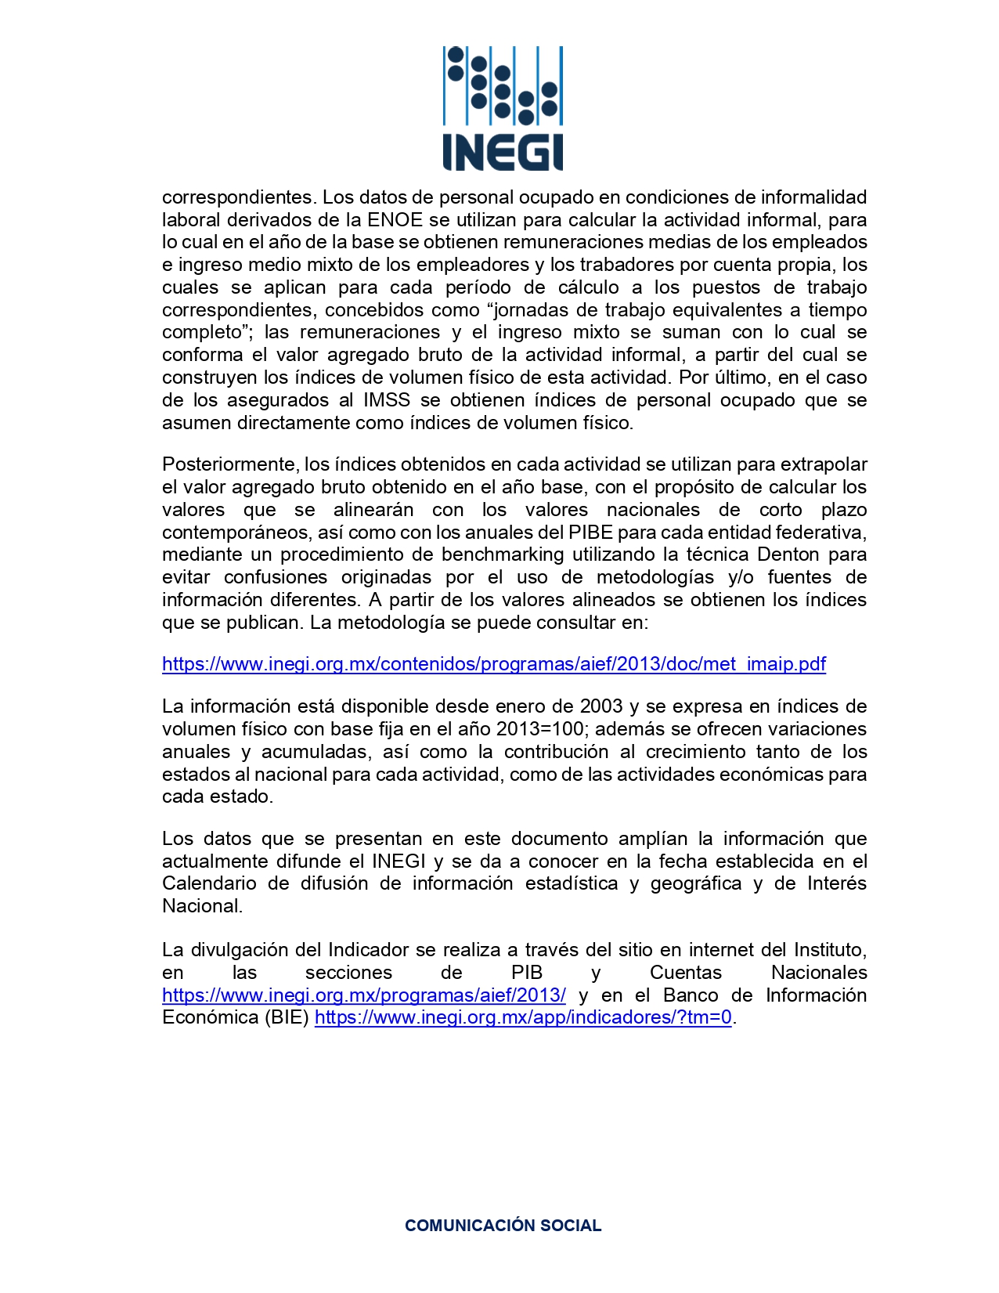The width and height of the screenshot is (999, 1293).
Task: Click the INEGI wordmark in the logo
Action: (502, 152)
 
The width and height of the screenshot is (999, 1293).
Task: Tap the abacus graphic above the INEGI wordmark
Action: (502, 86)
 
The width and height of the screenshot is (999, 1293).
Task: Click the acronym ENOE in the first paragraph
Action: (395, 220)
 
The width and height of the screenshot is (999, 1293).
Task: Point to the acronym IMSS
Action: (387, 400)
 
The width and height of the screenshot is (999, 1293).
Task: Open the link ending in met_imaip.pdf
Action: (493, 664)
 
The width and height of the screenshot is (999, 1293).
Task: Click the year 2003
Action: (601, 706)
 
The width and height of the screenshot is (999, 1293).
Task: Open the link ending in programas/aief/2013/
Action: (363, 995)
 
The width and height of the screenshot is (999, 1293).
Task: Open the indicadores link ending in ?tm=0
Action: (523, 1017)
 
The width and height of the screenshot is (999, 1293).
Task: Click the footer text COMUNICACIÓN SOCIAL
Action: (503, 1226)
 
